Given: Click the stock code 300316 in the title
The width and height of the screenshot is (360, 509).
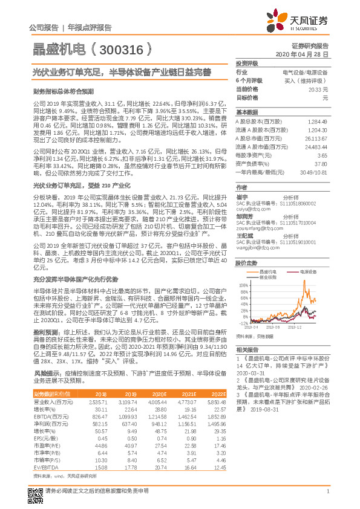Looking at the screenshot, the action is click(125, 47).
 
